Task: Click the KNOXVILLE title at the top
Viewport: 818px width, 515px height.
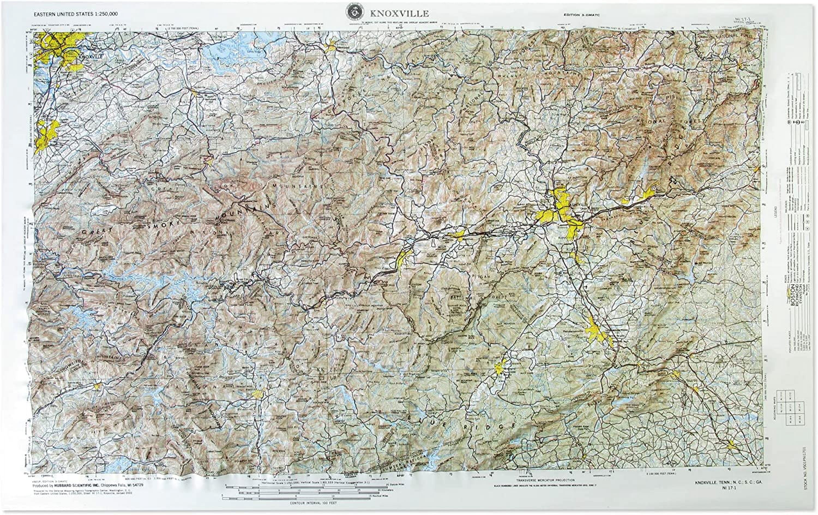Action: [x=399, y=14]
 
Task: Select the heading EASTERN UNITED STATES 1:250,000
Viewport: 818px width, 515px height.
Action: [x=76, y=15]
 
